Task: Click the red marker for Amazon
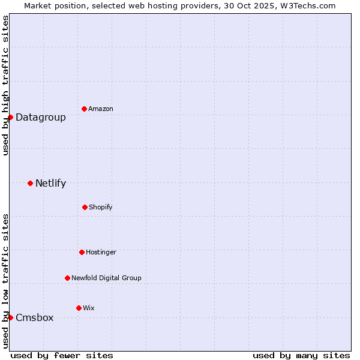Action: tap(84, 109)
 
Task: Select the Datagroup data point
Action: tap(10, 117)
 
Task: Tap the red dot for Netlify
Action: tap(30, 183)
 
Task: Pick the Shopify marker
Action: tap(85, 207)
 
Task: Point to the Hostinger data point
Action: tap(82, 252)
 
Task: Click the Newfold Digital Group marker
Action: tap(67, 278)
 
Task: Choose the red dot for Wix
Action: tap(79, 308)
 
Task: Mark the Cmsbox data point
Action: tap(10, 317)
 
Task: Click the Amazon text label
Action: tap(101, 109)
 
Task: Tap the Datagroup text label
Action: tap(41, 117)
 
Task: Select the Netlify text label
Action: tap(51, 183)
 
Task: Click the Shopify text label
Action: tap(101, 207)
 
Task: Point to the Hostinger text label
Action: tap(101, 252)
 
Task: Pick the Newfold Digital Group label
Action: tap(106, 278)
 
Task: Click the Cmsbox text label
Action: tap(35, 317)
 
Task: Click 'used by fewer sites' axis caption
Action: tap(62, 355)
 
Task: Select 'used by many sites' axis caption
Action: tap(301, 355)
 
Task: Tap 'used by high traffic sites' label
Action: tap(5, 85)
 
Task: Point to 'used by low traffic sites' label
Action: tap(5, 280)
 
